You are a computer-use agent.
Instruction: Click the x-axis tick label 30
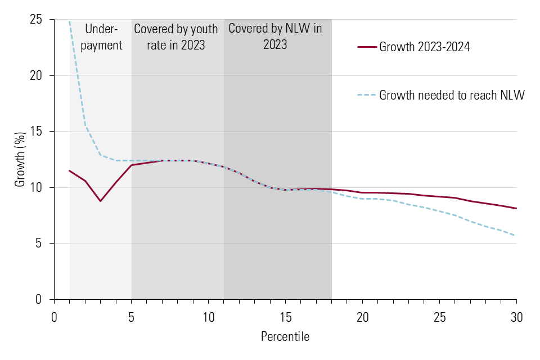pos(516,317)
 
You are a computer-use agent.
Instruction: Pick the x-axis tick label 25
pos(439,317)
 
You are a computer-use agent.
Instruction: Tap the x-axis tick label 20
pos(362,317)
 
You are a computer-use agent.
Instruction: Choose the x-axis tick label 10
pos(208,317)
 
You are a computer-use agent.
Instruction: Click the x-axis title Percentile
pos(285,337)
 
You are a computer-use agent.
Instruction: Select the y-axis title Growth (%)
pos(20,159)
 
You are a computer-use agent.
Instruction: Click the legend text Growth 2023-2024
pos(425,47)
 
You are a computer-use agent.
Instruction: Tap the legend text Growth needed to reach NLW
pos(452,95)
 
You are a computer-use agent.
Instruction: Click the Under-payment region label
pos(101,37)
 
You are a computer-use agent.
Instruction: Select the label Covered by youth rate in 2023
pos(176,37)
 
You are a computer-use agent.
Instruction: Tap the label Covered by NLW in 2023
pos(275,37)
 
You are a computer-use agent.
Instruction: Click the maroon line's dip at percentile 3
pos(101,201)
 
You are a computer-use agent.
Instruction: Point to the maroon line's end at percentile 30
pos(516,209)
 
